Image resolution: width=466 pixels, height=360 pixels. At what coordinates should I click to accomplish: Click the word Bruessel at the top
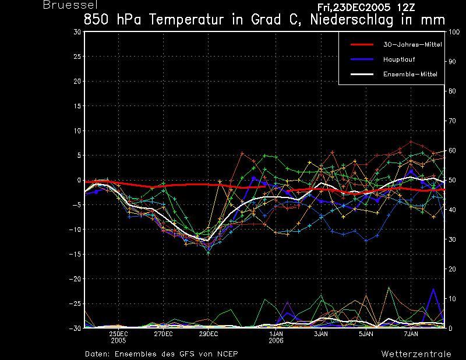pos(70,5)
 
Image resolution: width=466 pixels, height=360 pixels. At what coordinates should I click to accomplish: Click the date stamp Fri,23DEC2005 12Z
pos(366,8)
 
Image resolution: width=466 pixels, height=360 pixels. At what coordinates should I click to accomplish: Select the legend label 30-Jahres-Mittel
pos(412,45)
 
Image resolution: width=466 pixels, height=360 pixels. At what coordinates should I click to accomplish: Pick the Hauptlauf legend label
pos(399,59)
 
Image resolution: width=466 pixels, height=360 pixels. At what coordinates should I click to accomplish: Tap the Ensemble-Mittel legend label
pos(410,74)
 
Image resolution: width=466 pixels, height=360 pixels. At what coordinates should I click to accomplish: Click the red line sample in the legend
pos(362,45)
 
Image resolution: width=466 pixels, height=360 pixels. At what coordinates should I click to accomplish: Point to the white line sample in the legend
pos(362,74)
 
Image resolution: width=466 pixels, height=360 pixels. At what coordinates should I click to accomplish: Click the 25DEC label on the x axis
pos(118,334)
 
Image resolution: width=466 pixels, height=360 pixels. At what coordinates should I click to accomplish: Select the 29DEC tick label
pos(209,334)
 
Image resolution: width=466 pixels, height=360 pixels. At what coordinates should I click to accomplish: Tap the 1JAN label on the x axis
pos(276,334)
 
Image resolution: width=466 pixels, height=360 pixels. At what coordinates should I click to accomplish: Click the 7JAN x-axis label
pos(411,334)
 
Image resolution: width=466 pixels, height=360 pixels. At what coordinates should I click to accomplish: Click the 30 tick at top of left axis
pos(77,31)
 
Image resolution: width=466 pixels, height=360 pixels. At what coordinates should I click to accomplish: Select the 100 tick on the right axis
pos(454,32)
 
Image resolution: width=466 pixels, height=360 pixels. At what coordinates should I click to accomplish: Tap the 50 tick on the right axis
pos(452,180)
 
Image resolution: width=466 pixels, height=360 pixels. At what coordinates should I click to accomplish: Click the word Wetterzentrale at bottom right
pos(416,354)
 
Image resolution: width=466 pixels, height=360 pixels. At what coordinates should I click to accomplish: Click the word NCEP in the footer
pos(227,354)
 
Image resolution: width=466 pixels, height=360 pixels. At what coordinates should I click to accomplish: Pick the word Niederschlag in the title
pos(352,20)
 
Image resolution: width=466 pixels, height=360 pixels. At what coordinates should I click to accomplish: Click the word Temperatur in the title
pos(186,20)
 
